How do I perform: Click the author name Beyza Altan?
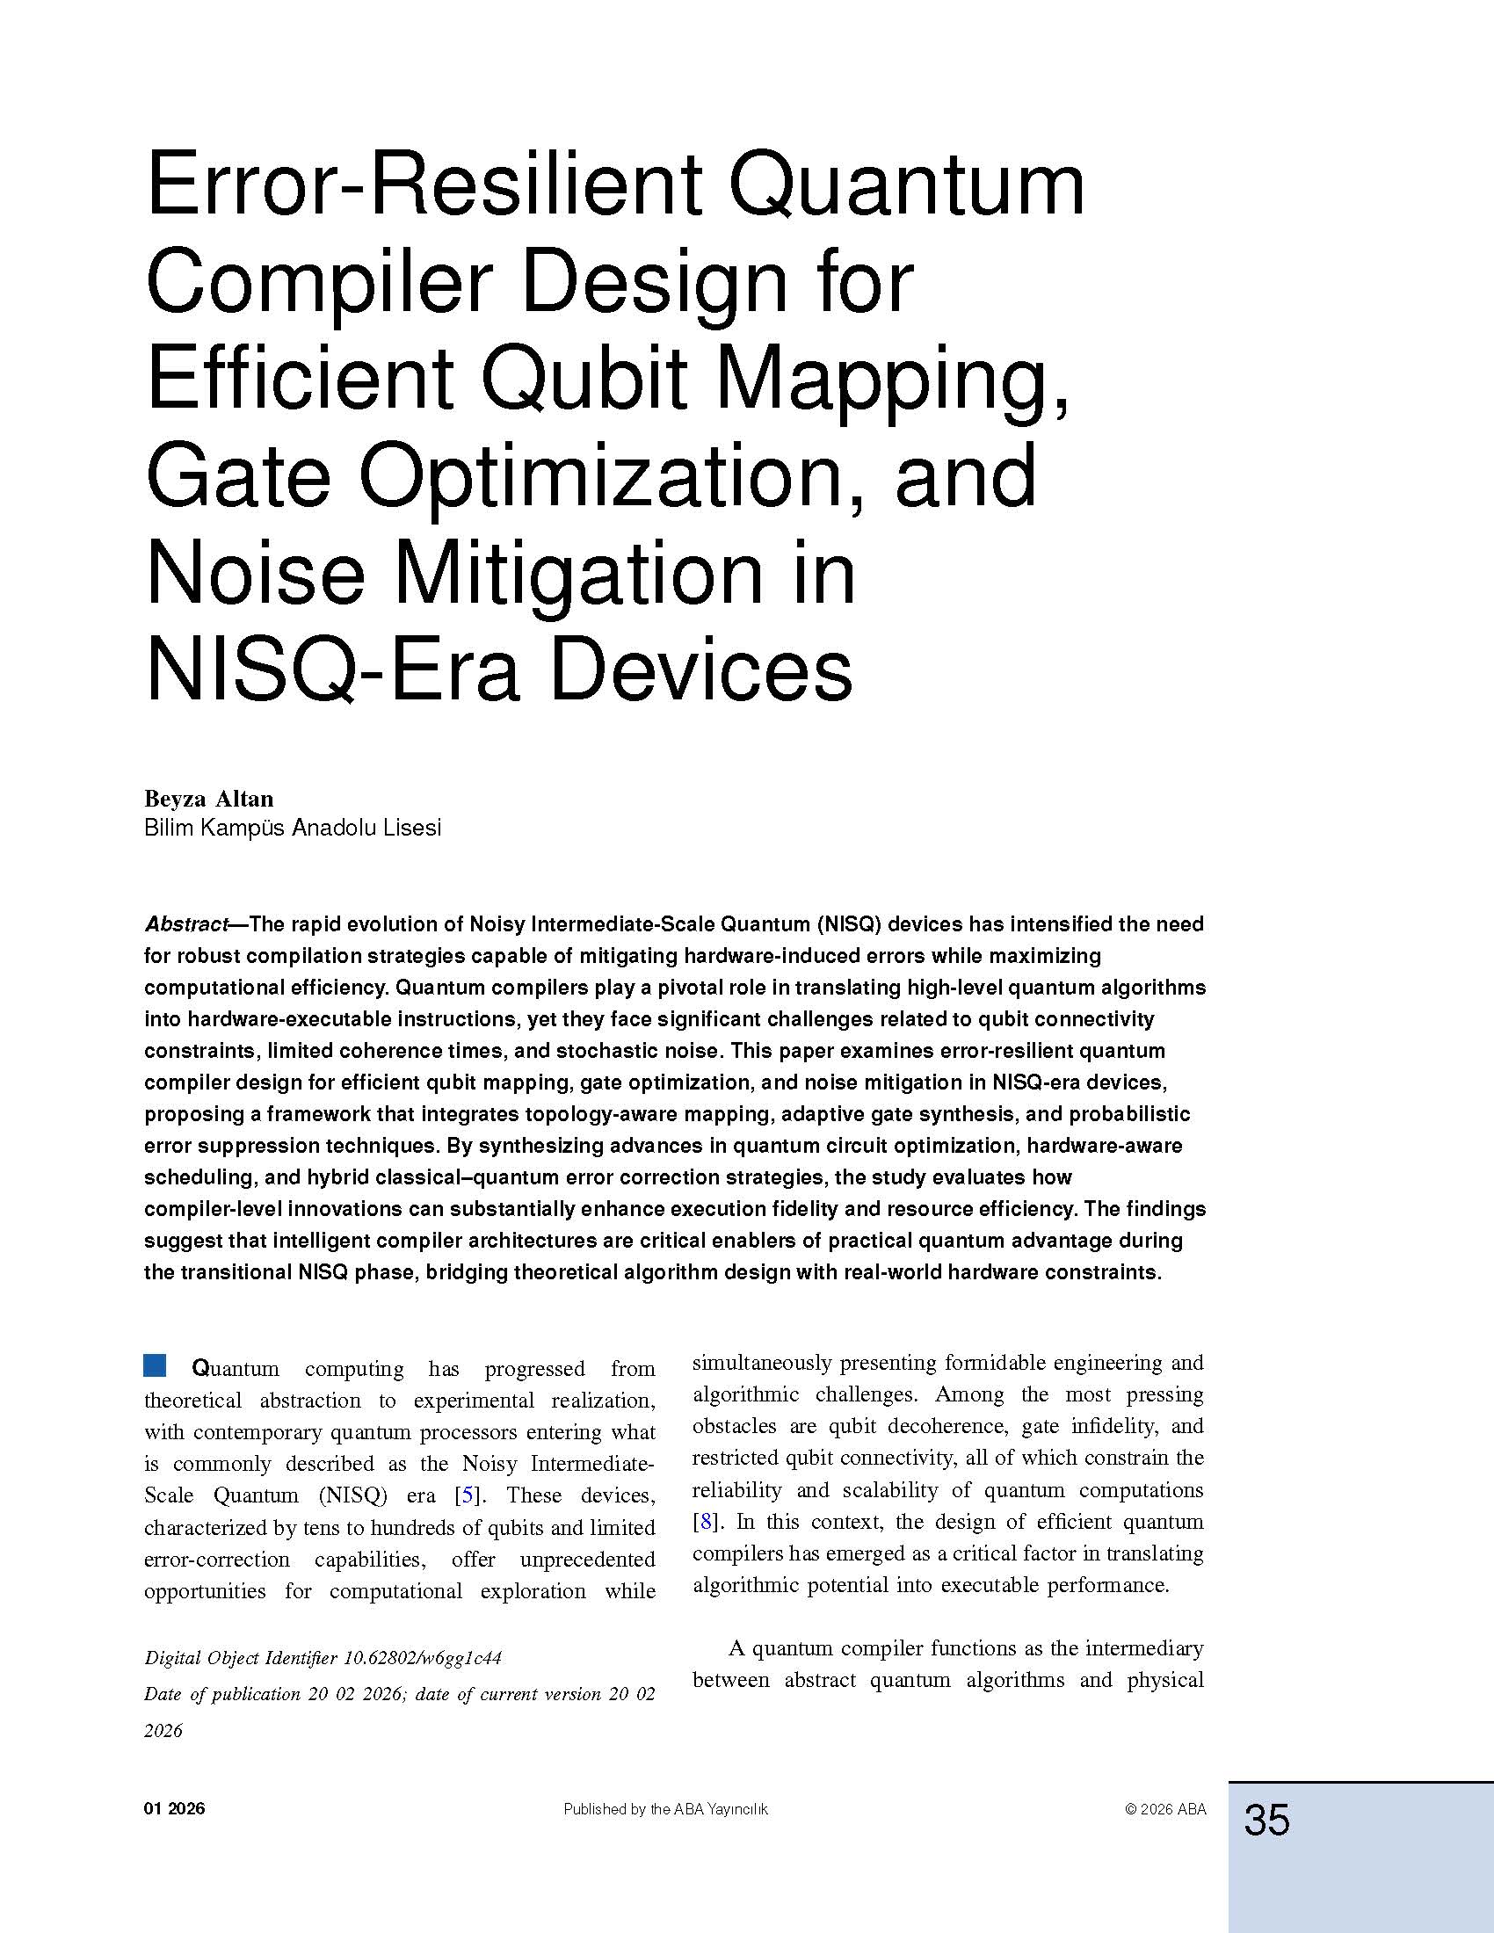(x=209, y=799)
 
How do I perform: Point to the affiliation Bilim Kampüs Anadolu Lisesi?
(x=292, y=828)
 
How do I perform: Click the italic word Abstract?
(x=185, y=924)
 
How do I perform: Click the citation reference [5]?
(x=467, y=1495)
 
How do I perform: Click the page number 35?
(x=1266, y=1820)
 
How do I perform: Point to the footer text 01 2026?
(x=174, y=1809)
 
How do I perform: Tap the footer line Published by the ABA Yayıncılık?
(x=665, y=1810)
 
